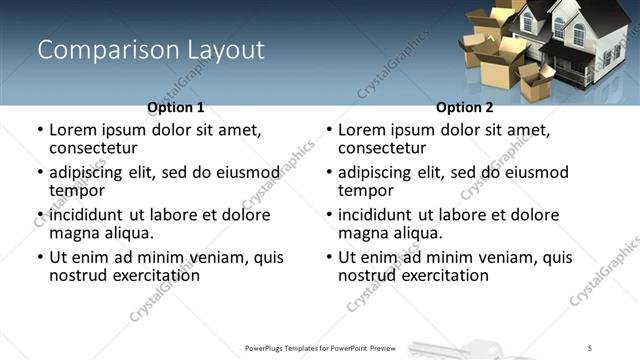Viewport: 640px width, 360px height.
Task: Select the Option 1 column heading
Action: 176,107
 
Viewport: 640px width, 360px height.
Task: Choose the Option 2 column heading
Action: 464,107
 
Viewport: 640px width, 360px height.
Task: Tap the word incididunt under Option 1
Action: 87,215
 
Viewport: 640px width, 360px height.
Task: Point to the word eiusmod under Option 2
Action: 538,172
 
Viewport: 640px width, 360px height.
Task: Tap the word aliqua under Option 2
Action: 416,233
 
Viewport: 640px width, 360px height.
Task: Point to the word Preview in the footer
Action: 392,347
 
